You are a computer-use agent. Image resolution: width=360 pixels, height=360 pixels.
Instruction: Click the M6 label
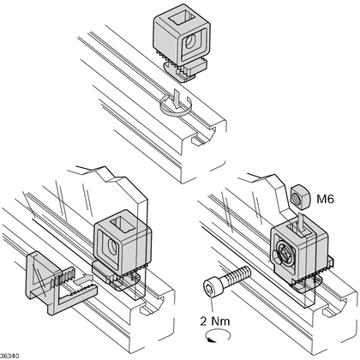pyautogui.click(x=325, y=199)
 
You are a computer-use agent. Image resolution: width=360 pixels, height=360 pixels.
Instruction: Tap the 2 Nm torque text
pyautogui.click(x=215, y=321)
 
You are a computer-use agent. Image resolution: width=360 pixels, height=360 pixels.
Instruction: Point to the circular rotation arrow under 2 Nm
pyautogui.click(x=218, y=335)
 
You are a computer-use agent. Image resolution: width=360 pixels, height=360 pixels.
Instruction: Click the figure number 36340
pyautogui.click(x=9, y=356)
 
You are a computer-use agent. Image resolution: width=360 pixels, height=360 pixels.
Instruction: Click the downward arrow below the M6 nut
pyautogui.click(x=301, y=221)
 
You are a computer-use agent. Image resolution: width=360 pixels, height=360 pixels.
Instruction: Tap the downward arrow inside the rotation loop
pyautogui.click(x=177, y=99)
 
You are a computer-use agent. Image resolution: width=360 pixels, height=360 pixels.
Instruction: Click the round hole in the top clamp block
pyautogui.click(x=190, y=42)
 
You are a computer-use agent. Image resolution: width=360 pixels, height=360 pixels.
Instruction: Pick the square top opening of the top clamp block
pyautogui.click(x=180, y=18)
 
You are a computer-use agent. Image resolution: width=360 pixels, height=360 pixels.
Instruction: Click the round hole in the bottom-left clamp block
pyautogui.click(x=112, y=247)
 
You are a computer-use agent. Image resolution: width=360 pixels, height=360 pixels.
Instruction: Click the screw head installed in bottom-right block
pyautogui.click(x=285, y=252)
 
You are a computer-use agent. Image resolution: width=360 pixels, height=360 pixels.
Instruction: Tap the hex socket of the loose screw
pyautogui.click(x=210, y=291)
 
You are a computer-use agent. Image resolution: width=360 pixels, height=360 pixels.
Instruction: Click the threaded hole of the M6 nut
pyautogui.click(x=297, y=197)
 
